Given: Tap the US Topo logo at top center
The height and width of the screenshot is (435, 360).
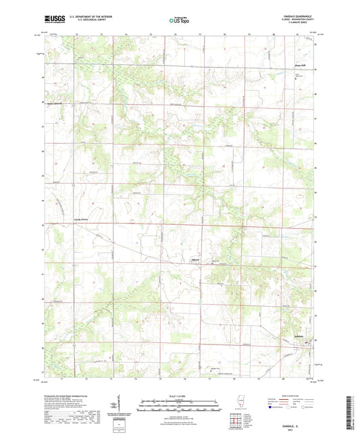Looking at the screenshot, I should (180, 22).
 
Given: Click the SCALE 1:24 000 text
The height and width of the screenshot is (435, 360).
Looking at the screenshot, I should (180, 396).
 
